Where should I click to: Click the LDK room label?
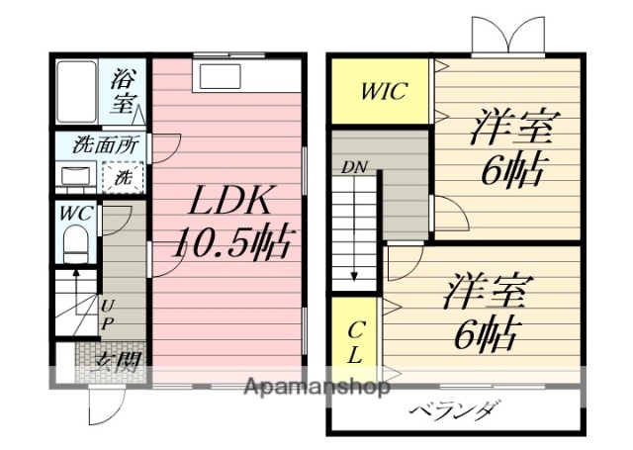pos(229,201)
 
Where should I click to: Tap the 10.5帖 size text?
pos(234,241)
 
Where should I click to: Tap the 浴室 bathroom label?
pos(123,88)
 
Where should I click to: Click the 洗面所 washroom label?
pos(106,144)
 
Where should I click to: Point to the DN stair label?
pos(353,168)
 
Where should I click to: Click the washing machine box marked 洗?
pos(125,179)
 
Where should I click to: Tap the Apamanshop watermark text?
pos(316,387)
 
